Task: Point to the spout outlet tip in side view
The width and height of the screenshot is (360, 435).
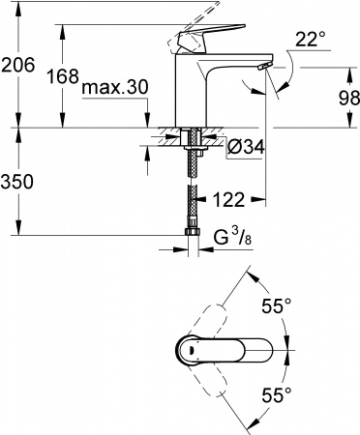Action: (x=262, y=65)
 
